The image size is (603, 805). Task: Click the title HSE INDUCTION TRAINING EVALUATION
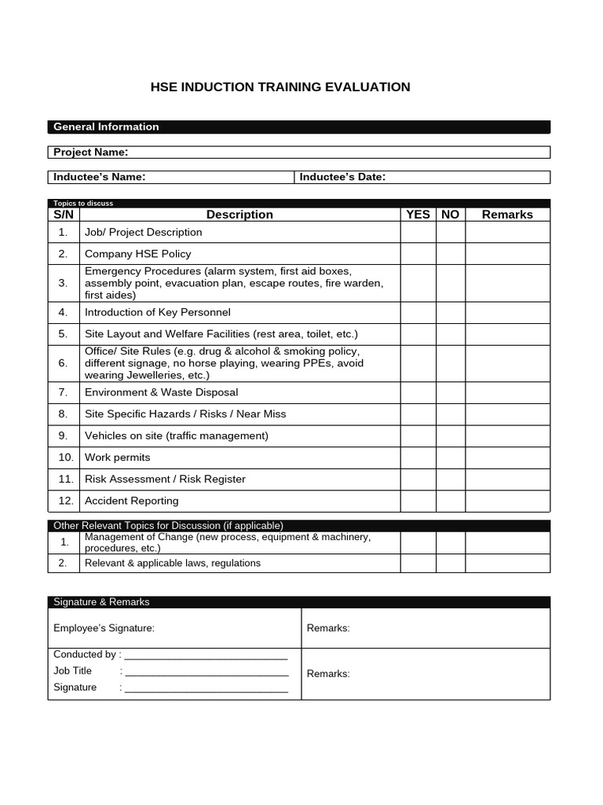coord(280,87)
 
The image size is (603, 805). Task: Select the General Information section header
coord(105,127)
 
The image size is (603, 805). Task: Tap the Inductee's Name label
coord(99,177)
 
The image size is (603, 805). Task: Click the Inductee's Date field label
coord(342,177)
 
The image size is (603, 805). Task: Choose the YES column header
coord(418,215)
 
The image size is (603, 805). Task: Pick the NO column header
coord(450,215)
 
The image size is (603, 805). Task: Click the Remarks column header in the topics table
coord(507,215)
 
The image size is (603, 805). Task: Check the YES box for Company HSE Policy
coord(418,254)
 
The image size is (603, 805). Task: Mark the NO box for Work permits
coord(450,458)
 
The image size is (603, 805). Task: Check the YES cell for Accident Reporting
coord(418,501)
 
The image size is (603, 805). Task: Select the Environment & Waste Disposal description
coord(161,392)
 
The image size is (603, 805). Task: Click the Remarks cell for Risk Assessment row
coord(507,479)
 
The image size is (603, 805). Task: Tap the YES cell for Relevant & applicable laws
coord(418,563)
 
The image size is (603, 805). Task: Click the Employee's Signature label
coord(104,628)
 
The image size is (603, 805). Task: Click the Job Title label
coord(72,671)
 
